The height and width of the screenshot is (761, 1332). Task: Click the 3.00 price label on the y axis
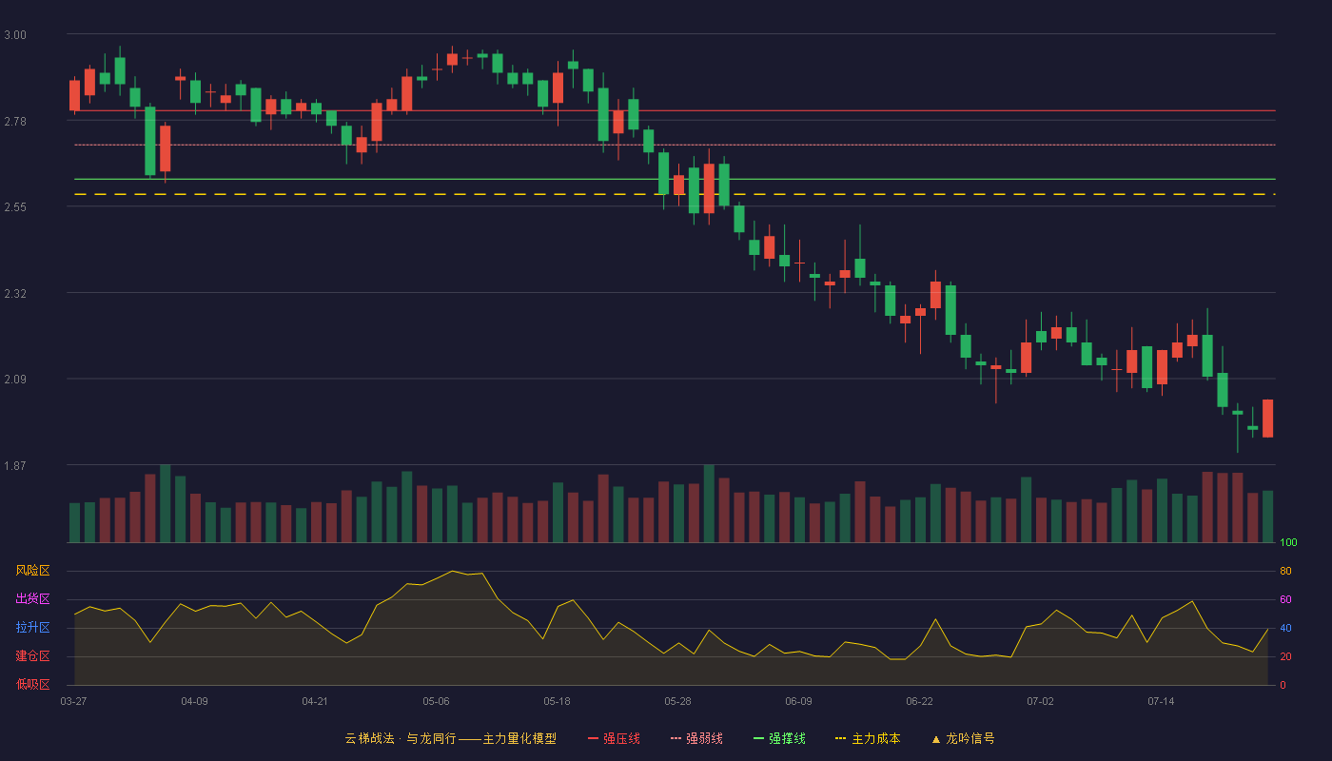point(15,35)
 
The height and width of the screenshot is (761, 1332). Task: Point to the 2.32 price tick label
point(15,294)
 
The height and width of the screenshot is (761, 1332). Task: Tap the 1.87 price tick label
point(15,466)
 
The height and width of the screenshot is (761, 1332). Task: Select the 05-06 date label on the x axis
point(436,702)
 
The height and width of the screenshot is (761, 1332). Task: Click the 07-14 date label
point(1161,702)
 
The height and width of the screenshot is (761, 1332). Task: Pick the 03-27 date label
point(74,702)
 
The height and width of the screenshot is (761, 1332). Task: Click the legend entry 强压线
point(615,738)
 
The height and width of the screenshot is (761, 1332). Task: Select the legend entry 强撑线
point(779,738)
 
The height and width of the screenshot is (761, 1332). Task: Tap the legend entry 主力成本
point(868,738)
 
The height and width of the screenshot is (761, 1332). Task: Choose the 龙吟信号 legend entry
point(963,738)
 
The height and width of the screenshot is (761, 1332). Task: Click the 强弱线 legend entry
point(696,738)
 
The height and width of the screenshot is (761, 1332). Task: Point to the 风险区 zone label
point(32,571)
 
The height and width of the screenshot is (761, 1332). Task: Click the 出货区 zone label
point(32,598)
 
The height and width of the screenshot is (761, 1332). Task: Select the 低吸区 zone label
point(32,684)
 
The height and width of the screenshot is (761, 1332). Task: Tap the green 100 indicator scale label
point(1288,542)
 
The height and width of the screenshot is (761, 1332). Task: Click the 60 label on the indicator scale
point(1285,599)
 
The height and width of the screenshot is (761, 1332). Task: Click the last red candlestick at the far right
point(1267,419)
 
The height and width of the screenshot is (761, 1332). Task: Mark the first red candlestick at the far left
point(74,95)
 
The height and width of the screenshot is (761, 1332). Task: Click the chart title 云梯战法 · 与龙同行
point(401,738)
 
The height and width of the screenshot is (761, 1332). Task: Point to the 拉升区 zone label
point(32,627)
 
